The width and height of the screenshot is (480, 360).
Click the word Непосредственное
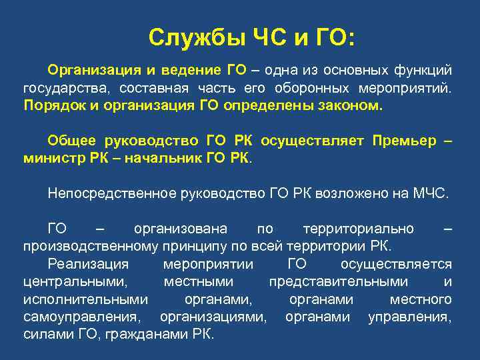tap(110, 194)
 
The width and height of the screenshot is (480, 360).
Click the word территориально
tap(358, 229)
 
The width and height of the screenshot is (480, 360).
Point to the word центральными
tap(74, 282)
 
